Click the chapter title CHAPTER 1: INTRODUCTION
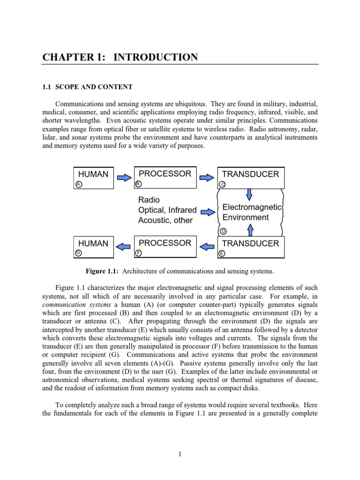120,58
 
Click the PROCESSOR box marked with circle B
165,177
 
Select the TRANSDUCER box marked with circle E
251,247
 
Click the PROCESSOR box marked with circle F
165,247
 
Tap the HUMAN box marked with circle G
94,247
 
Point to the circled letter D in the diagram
224,231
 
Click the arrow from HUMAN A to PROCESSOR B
124,178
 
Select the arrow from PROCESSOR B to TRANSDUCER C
207,178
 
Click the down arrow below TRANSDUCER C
249,194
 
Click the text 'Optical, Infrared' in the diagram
167,210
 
